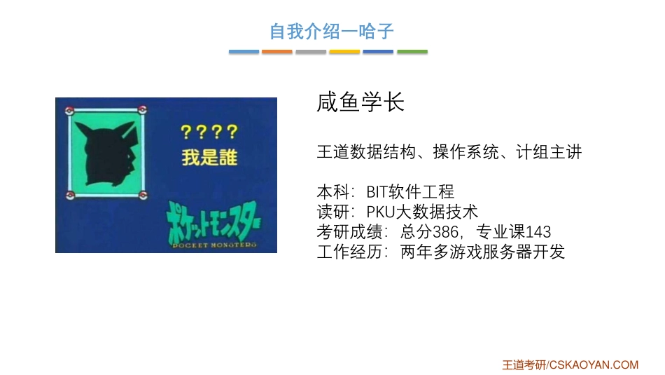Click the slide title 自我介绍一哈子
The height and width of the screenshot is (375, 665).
(332, 32)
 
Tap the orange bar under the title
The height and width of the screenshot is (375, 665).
(277, 52)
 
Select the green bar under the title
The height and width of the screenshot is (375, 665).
(412, 52)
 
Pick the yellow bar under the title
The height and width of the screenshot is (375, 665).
(344, 52)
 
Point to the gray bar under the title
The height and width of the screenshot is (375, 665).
(311, 52)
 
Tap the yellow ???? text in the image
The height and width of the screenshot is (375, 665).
(209, 132)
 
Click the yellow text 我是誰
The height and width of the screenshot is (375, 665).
(209, 157)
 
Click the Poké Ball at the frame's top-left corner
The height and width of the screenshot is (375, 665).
(69, 110)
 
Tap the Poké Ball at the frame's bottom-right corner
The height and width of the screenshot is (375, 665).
(143, 193)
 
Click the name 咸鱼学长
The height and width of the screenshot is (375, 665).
(360, 103)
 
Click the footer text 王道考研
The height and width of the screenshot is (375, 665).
(524, 364)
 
